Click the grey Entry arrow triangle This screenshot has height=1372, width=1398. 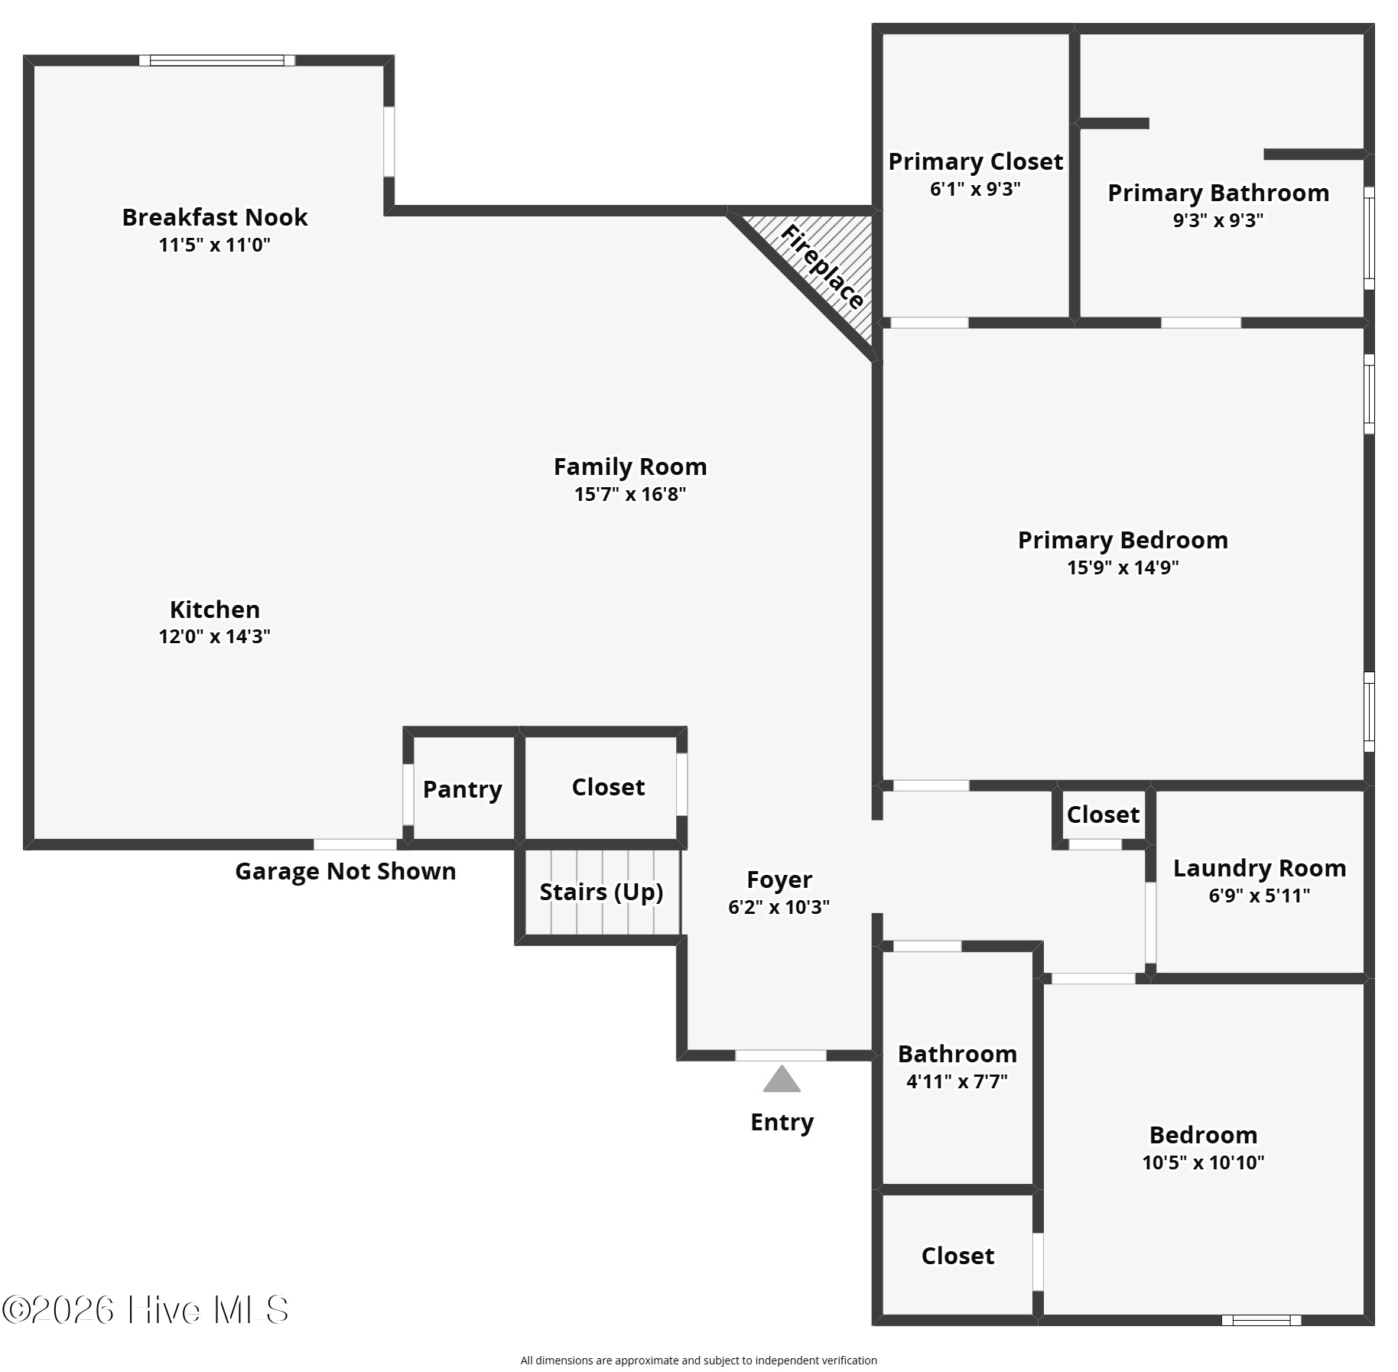(781, 1080)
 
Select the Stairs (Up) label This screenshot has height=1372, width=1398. (601, 892)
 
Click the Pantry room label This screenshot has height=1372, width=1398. (462, 789)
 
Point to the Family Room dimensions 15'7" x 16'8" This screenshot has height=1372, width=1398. (629, 494)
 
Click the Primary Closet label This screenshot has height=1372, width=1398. (975, 161)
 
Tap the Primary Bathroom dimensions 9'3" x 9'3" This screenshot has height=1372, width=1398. (1218, 220)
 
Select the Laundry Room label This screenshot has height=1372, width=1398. (1259, 868)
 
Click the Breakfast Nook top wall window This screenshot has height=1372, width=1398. (216, 60)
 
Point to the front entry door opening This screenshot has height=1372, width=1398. (780, 1055)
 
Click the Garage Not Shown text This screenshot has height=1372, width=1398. (345, 871)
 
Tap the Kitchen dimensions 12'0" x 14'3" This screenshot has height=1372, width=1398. (214, 636)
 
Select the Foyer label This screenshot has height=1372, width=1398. (779, 879)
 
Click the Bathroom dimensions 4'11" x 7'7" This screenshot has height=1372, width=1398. (957, 1081)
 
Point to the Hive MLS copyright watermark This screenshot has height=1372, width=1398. (145, 1309)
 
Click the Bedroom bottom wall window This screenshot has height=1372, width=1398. (1260, 1320)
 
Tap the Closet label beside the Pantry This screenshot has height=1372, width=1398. (608, 787)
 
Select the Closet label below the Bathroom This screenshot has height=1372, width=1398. (957, 1256)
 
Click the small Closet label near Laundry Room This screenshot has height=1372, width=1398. (1103, 814)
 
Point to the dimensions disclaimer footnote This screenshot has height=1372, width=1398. (698, 1360)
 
